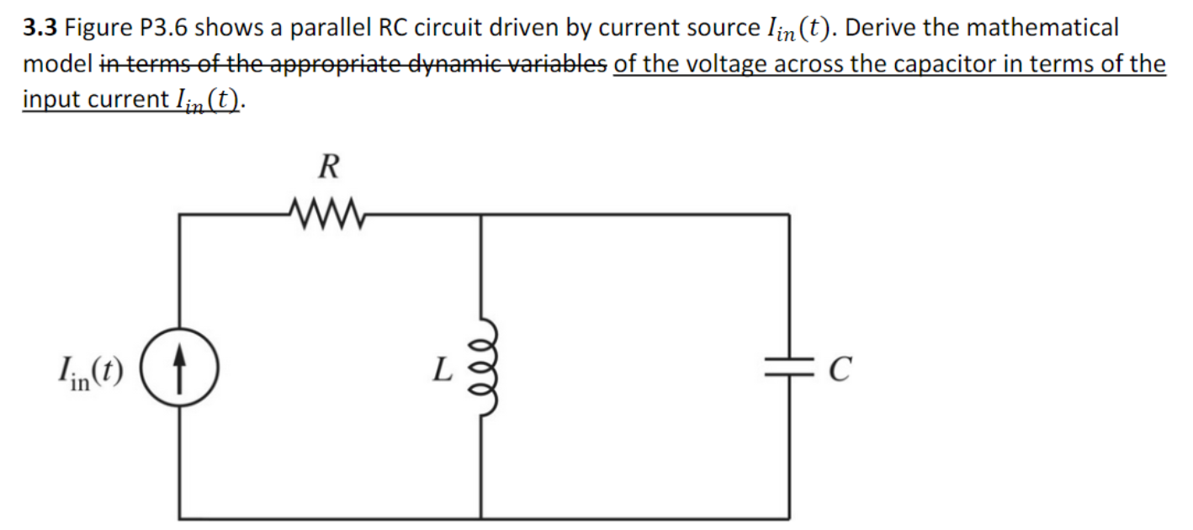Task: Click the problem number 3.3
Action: tap(40, 29)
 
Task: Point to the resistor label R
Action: tap(327, 167)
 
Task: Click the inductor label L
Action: tap(443, 368)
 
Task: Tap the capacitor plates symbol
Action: tap(788, 367)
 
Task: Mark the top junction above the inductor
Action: tap(480, 215)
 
